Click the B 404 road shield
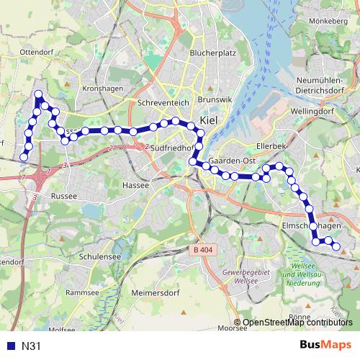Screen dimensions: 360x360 [204, 250]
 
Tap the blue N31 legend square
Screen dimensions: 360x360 [10, 346]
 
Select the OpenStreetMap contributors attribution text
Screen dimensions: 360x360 [297, 323]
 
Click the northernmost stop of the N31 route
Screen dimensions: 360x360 [37, 94]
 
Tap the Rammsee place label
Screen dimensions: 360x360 [82, 292]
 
